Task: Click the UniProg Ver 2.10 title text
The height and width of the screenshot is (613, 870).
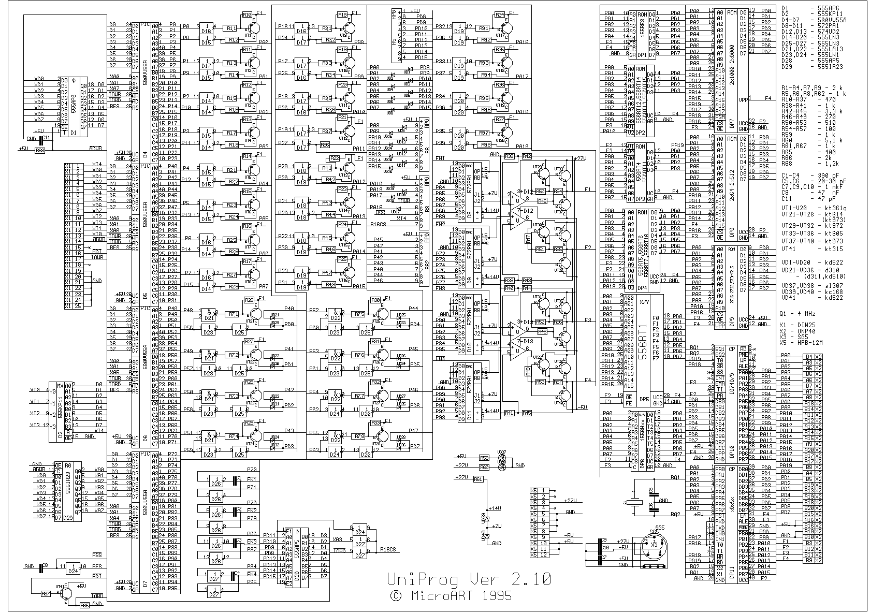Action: pyautogui.click(x=469, y=579)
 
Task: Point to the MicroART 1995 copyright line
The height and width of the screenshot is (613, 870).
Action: pyautogui.click(x=451, y=596)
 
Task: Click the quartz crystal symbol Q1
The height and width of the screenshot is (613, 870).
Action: pyautogui.click(x=633, y=502)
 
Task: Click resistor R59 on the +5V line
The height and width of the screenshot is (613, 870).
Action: pyautogui.click(x=484, y=458)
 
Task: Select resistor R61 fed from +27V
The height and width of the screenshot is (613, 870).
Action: pyautogui.click(x=478, y=479)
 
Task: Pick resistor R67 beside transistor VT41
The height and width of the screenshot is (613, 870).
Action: pyautogui.click(x=46, y=594)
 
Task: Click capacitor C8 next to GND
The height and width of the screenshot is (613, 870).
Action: pyautogui.click(x=42, y=567)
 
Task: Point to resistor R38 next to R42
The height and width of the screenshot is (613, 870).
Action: pyautogui.click(x=509, y=156)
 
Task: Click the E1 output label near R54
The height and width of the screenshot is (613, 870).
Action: pyautogui.click(x=587, y=190)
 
